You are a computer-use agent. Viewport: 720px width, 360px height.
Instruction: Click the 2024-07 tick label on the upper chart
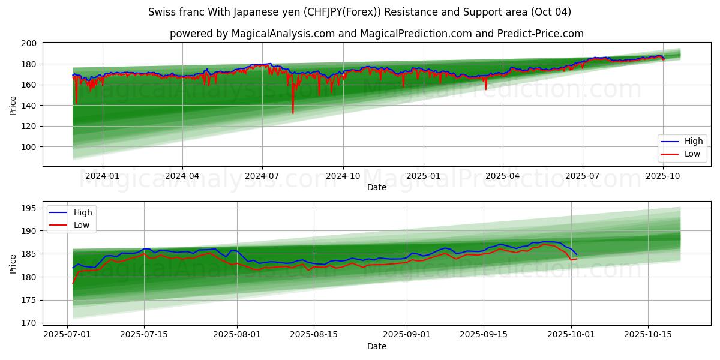click(262, 176)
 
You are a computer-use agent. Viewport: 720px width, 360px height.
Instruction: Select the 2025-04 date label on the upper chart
click(502, 176)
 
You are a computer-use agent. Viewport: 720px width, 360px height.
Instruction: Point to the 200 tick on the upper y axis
click(29, 44)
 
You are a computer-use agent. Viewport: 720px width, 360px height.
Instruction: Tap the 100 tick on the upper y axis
click(29, 147)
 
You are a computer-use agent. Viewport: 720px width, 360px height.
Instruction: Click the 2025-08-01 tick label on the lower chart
click(237, 334)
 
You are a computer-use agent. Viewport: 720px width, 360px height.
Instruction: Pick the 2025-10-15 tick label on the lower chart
click(647, 334)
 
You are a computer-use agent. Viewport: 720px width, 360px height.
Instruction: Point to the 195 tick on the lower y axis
click(29, 208)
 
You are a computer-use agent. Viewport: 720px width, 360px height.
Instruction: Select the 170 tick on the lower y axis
click(29, 323)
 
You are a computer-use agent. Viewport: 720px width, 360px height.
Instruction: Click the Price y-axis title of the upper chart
click(13, 105)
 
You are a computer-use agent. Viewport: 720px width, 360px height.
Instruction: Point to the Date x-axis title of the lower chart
click(376, 346)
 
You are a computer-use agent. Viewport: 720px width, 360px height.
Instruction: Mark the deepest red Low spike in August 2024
click(293, 113)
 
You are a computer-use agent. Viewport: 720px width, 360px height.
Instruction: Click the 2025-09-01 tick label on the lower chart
click(407, 334)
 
